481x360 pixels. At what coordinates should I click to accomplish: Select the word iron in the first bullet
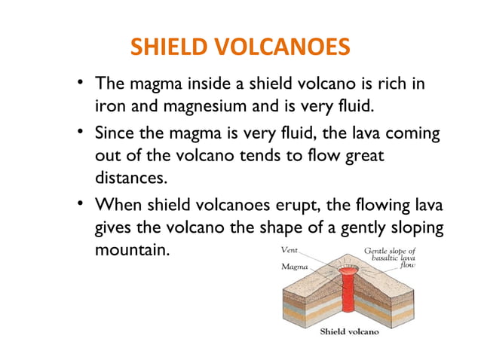pos(110,106)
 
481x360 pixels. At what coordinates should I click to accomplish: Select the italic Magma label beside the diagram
pos(293,266)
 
